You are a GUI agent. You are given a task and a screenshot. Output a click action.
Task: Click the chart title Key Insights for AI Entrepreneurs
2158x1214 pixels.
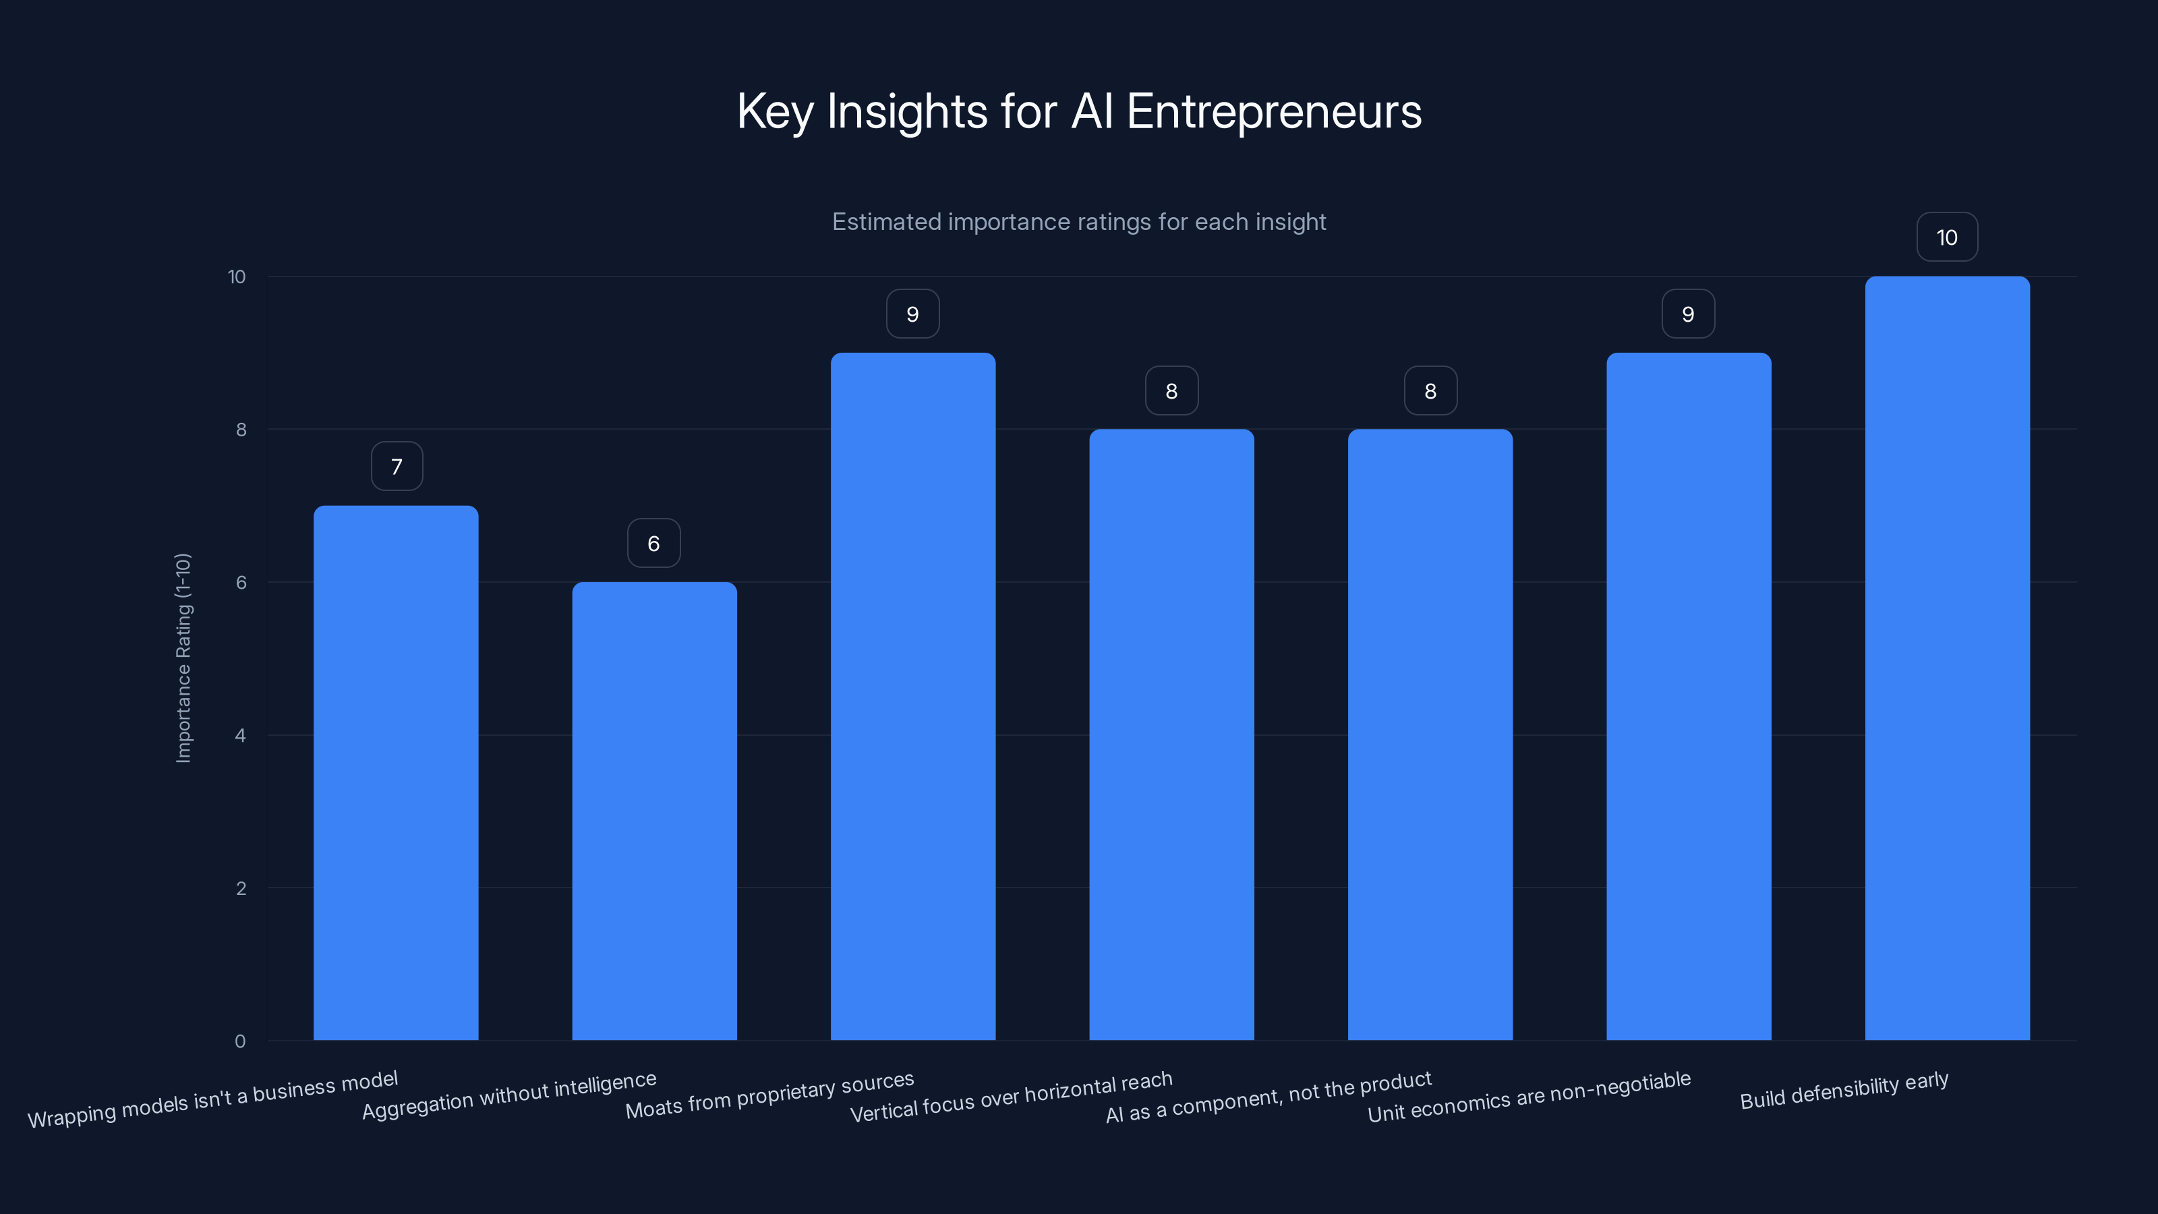1079,111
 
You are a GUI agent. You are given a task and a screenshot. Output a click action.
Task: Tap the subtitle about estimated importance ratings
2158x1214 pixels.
1079,222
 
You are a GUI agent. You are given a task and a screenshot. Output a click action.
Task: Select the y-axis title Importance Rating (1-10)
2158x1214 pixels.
183,658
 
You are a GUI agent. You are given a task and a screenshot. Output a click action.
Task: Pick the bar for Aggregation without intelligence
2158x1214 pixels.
654,811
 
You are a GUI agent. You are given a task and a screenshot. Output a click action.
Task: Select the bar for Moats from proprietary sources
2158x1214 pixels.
912,696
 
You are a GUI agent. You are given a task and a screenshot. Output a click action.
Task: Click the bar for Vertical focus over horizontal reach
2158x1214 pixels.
1171,734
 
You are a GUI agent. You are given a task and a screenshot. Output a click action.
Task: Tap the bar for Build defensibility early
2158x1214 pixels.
1947,658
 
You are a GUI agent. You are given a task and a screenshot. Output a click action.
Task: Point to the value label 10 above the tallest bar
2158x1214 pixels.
1947,238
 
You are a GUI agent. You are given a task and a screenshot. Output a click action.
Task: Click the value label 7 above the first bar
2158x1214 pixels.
397,467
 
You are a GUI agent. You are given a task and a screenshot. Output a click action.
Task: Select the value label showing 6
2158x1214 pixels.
653,544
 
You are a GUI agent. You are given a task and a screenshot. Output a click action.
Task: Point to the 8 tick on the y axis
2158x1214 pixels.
241,430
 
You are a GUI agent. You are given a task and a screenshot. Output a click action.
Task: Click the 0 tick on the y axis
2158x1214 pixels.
241,1041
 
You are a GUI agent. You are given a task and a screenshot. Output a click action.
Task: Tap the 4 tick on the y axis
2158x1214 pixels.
241,736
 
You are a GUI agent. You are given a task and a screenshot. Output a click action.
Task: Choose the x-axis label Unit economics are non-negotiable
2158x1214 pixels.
1529,1097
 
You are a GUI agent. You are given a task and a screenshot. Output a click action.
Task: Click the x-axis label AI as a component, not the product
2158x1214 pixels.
1268,1097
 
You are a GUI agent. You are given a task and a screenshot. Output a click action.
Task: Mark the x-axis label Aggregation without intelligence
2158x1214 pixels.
508,1095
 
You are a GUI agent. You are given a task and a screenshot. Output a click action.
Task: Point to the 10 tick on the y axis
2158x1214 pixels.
237,277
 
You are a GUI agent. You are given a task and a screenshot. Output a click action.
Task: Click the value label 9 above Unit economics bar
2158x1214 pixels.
1688,314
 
